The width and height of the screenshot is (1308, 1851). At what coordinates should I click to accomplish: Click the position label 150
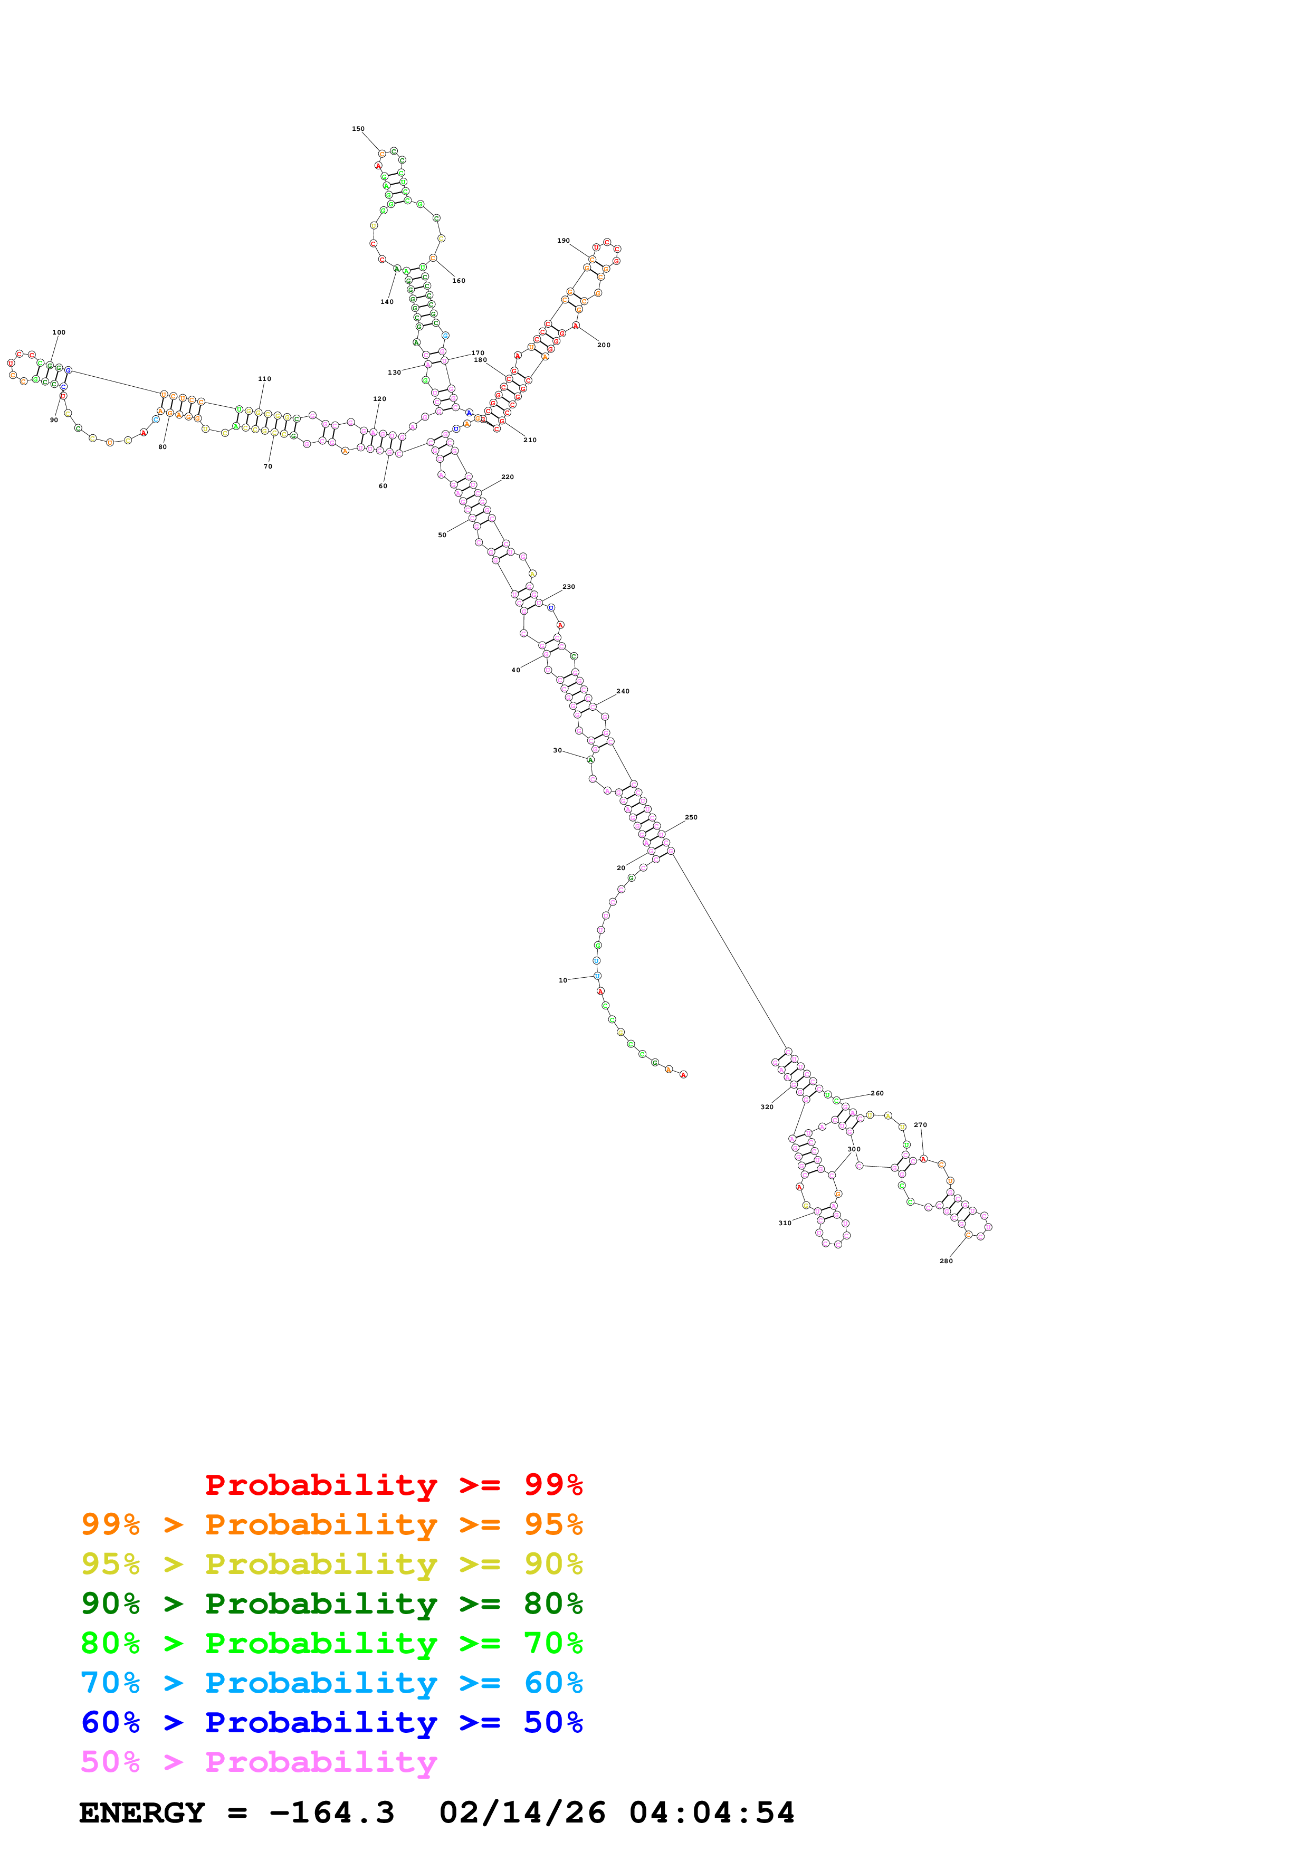tap(358, 129)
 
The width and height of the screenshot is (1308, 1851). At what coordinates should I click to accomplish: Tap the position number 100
tap(59, 332)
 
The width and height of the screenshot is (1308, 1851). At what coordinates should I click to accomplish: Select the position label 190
tap(564, 240)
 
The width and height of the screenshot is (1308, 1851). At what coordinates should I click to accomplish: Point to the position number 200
tap(604, 345)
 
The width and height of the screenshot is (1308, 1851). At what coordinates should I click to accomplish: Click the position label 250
tap(691, 817)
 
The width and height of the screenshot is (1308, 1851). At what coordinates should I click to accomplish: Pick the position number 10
tap(562, 980)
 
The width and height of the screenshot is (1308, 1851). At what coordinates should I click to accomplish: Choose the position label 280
tap(946, 1261)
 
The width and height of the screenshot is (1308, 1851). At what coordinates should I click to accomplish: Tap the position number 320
tap(767, 1107)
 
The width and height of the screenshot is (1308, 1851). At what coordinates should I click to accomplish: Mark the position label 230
tap(569, 587)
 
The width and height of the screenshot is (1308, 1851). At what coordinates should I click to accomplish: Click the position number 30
tap(557, 750)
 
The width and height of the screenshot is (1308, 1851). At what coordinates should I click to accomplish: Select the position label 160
tap(459, 281)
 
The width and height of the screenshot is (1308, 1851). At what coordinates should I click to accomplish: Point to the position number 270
tap(920, 1124)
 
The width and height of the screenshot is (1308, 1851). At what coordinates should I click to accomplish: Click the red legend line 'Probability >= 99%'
tap(393, 1485)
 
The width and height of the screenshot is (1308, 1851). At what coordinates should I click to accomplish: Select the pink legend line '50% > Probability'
tap(259, 1762)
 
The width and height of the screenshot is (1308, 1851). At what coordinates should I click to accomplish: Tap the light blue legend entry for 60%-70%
tap(331, 1683)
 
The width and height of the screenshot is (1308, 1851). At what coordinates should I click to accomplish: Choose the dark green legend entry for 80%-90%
tap(331, 1604)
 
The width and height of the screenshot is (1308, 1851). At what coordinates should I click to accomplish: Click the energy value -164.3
tap(331, 1813)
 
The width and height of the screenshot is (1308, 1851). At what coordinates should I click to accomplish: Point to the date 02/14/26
tap(522, 1813)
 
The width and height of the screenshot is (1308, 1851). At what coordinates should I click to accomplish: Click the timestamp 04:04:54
tap(712, 1813)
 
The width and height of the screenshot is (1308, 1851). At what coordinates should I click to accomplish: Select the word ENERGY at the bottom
tap(142, 1813)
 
